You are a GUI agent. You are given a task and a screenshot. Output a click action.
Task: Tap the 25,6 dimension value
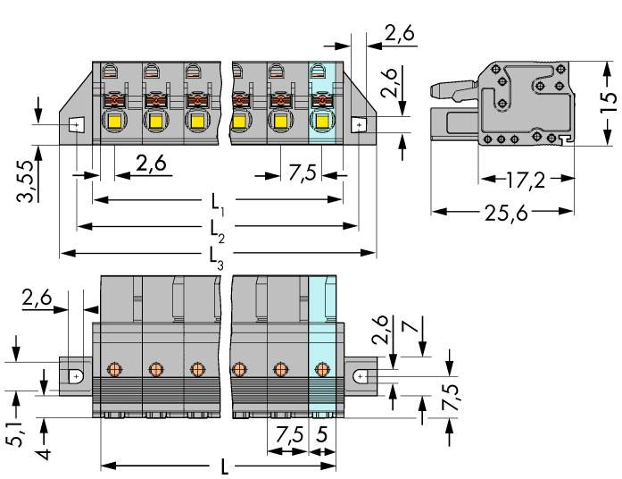pyautogui.click(x=501, y=214)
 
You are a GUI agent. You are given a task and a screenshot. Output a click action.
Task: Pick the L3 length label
pyautogui.click(x=217, y=255)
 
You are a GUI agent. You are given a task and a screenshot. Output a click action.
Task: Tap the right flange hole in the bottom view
pyautogui.click(x=360, y=377)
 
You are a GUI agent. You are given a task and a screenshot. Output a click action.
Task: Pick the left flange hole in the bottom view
pyautogui.click(x=76, y=377)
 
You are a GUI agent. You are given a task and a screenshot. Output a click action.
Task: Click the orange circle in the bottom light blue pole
pyautogui.click(x=322, y=368)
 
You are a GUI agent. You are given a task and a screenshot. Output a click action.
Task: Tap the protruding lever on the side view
pyautogui.click(x=449, y=88)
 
